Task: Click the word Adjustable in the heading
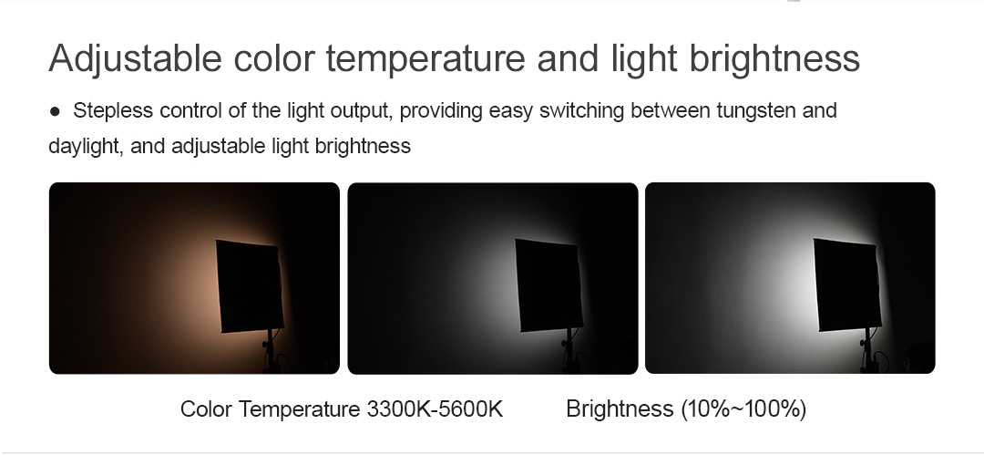point(135,59)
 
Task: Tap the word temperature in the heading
point(425,59)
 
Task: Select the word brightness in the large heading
point(774,59)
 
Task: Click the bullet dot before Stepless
point(56,112)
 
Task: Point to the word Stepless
point(113,110)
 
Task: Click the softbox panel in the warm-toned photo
point(249,286)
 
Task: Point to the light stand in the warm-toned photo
point(270,351)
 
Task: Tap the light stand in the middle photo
point(569,351)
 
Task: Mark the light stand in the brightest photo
point(868,351)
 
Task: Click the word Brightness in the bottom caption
point(620,409)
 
